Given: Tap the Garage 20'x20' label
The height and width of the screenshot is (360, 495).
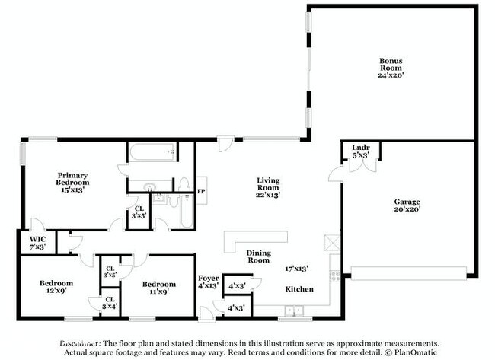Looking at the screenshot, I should (407, 205).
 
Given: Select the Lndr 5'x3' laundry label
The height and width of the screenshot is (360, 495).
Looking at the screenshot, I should (360, 151).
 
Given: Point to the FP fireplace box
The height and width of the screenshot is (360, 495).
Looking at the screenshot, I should (201, 191).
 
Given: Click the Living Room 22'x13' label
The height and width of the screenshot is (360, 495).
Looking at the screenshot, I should (267, 187).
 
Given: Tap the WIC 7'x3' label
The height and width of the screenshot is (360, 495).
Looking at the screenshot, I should (37, 243).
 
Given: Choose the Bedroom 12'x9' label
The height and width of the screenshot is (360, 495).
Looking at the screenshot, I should (56, 287).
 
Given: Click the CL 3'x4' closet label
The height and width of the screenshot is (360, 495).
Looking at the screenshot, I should (110, 302).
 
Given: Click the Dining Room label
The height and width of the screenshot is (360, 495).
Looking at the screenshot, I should (258, 256).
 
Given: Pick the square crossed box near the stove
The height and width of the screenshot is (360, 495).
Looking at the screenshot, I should (330, 243).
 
